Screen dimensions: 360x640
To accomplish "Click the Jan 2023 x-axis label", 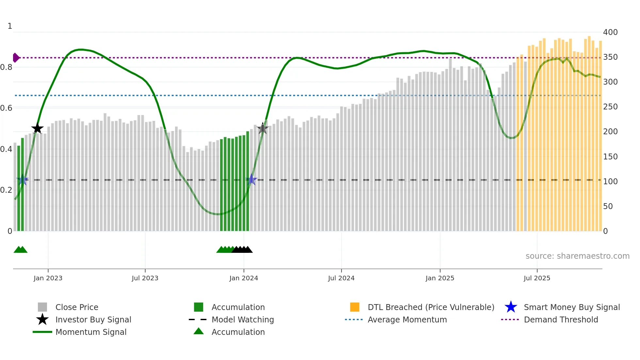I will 48,278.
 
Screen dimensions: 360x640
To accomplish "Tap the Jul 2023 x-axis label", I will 145,278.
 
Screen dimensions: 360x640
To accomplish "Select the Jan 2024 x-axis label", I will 244,278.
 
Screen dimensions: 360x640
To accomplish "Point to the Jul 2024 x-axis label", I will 341,278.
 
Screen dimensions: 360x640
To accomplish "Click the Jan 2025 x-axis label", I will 440,278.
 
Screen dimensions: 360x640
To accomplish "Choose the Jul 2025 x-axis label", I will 537,278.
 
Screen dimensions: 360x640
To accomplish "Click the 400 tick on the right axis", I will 610,32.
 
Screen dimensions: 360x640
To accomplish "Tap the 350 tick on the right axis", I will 610,57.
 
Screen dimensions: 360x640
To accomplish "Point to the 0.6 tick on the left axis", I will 6,108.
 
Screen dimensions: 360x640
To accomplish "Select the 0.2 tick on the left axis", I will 6,190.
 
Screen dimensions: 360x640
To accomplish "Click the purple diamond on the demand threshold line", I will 16,58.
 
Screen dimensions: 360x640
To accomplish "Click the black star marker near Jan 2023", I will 37,128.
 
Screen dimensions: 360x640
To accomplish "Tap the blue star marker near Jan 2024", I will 251,180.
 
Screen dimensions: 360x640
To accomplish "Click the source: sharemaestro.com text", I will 577,256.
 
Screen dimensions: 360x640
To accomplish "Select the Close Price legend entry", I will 77,307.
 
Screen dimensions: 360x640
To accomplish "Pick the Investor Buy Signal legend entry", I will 93,320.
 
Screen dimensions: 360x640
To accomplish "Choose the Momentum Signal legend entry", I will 91,332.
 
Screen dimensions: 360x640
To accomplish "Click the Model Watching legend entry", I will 243,320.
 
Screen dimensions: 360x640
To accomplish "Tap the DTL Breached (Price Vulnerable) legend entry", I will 431,307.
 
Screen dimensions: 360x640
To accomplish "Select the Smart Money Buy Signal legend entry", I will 571,307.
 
